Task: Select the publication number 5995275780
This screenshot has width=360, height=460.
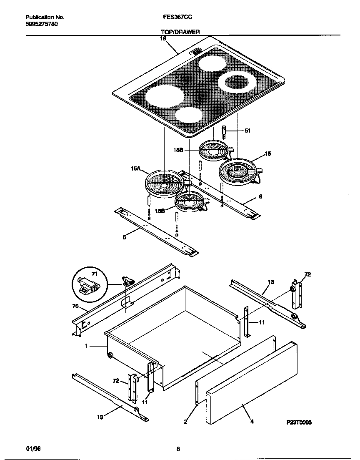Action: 42,24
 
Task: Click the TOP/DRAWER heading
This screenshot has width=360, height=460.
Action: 180,32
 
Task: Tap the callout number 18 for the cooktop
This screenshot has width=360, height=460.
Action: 163,38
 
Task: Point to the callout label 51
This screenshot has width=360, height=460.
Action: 247,131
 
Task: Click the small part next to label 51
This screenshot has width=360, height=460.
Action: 225,131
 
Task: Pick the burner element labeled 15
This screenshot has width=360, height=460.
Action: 237,171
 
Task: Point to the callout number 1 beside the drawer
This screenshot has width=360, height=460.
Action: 85,346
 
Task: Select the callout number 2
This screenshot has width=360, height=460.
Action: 185,422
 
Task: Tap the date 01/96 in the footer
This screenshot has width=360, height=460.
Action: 33,449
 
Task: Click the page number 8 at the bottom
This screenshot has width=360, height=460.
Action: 178,449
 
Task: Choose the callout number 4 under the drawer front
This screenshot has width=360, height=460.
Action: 252,422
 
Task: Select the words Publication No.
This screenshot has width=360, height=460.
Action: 45,18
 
